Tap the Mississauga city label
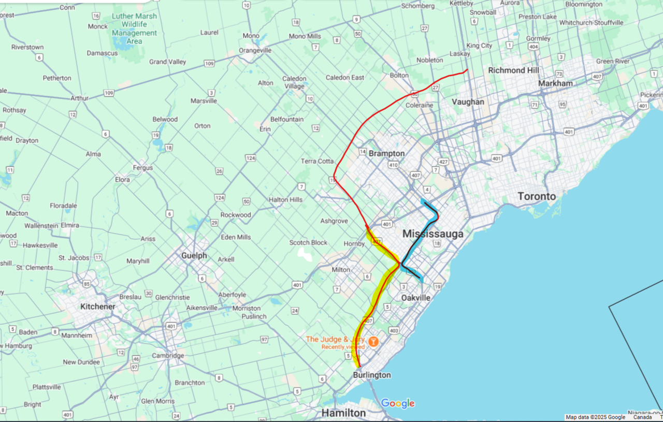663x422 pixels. click(433, 235)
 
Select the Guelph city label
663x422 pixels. click(194, 256)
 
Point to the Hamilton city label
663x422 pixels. click(343, 413)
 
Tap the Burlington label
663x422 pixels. click(372, 375)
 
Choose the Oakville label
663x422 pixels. click(416, 298)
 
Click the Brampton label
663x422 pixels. click(386, 153)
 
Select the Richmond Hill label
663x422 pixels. click(513, 70)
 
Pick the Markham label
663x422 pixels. click(555, 83)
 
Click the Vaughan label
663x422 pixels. click(468, 102)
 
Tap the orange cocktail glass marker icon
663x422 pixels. click(373, 342)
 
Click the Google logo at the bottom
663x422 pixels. click(397, 403)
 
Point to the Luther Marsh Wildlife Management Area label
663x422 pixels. click(134, 28)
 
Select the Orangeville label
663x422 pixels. click(255, 50)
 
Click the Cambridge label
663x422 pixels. click(168, 356)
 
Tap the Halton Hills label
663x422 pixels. click(285, 200)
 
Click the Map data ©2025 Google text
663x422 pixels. click(595, 417)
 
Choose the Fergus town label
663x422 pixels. click(142, 168)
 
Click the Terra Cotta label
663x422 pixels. click(317, 161)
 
